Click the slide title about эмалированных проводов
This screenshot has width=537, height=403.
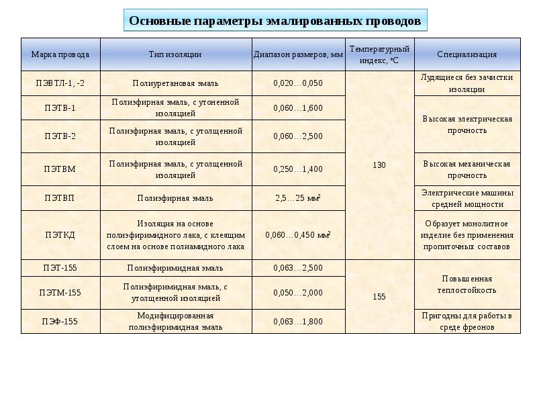(275, 21)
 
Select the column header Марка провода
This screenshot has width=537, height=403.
(60, 54)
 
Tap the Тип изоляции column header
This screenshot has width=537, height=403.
(175, 54)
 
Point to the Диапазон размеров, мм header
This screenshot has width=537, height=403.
(299, 54)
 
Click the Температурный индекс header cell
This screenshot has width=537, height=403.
(379, 54)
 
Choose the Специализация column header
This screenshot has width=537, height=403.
(467, 54)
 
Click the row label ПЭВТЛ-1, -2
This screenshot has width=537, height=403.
(60, 83)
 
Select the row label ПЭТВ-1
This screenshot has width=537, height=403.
(60, 107)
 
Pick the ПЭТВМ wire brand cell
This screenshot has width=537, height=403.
(60, 169)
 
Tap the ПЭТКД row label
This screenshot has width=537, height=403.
(60, 235)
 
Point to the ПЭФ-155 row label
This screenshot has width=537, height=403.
(60, 321)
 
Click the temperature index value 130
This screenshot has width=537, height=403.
(379, 165)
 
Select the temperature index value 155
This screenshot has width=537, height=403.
(379, 296)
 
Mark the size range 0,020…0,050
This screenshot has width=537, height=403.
(299, 83)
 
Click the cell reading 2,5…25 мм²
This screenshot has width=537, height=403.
(299, 198)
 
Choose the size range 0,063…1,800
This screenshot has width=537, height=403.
(299, 321)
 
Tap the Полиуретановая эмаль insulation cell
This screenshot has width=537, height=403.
(175, 83)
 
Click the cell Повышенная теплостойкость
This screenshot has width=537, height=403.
(467, 284)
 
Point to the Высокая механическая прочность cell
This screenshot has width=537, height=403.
(467, 169)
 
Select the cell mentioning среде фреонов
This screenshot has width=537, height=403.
(467, 321)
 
